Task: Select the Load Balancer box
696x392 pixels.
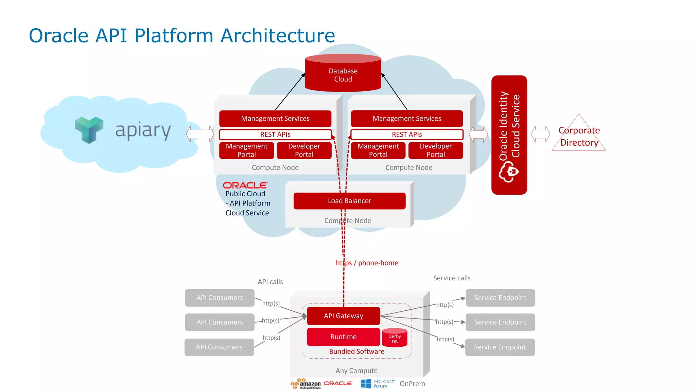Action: coord(349,201)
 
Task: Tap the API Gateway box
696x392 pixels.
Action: coord(343,316)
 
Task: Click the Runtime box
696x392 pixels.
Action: coord(343,337)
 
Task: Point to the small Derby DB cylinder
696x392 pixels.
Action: coord(395,338)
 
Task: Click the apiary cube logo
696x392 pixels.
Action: coord(89,130)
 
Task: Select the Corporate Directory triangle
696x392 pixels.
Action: coord(579,136)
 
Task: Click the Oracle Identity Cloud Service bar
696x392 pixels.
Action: coord(509,135)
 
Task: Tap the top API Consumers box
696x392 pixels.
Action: coord(220,298)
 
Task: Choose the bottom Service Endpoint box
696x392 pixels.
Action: coord(500,347)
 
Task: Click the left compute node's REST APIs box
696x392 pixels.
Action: coord(275,134)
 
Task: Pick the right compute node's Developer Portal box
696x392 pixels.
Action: coord(435,150)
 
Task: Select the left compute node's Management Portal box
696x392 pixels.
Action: coord(246,150)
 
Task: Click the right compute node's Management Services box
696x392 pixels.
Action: coord(407,118)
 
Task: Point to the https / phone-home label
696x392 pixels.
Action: coord(367,263)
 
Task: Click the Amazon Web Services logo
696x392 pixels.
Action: coord(306,383)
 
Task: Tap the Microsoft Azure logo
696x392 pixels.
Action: coord(377,383)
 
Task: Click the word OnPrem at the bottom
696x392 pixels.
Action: coord(412,383)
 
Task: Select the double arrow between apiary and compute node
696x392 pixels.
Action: coord(200,134)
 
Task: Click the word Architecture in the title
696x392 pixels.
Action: coord(278,35)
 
